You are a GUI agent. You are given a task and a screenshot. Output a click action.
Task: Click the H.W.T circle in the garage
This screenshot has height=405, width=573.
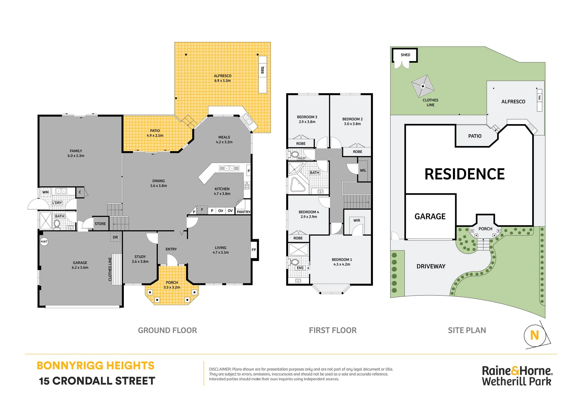click(44, 241)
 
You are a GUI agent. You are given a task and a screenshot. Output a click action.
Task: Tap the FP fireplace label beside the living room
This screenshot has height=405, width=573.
click(254, 250)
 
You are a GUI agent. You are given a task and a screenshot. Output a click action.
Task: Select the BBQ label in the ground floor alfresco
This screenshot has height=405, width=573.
click(262, 70)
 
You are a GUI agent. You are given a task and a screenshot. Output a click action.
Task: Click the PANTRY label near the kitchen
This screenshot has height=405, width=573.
click(243, 212)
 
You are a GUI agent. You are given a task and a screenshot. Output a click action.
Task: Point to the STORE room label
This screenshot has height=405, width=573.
click(100, 224)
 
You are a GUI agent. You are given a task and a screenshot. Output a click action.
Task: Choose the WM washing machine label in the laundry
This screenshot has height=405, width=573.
click(46, 192)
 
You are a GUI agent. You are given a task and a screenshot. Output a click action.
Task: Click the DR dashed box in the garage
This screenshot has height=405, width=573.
click(115, 237)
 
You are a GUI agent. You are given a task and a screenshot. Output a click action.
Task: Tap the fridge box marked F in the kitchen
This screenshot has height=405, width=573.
click(202, 209)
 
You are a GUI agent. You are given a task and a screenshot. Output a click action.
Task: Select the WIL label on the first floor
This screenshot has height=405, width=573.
click(363, 170)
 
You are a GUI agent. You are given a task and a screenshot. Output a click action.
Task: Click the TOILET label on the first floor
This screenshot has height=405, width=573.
click(301, 159)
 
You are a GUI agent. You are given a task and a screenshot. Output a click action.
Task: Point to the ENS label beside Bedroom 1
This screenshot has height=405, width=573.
click(300, 268)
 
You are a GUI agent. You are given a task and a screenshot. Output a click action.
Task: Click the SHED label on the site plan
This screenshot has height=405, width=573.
click(405, 55)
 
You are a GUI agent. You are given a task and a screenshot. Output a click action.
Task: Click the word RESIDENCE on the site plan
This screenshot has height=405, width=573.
click(465, 174)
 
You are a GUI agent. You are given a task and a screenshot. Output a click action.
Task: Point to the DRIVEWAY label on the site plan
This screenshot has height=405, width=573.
click(431, 266)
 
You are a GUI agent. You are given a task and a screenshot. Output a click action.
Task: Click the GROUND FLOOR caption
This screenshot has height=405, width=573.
click(168, 330)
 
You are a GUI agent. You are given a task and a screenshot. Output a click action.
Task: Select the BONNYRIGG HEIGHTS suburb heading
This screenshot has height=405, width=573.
click(96, 366)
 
